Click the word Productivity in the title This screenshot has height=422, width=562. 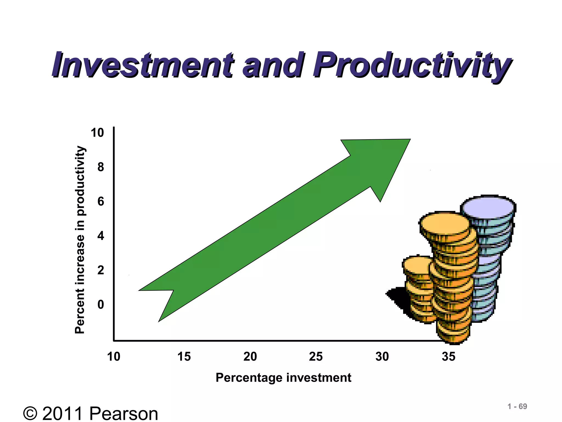412,65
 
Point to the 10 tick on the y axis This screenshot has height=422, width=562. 97,133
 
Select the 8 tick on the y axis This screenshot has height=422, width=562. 100,167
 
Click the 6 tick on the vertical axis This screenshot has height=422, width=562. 100,201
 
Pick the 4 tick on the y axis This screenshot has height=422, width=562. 100,236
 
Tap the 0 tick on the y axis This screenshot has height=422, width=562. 100,304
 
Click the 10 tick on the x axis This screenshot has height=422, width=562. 113,357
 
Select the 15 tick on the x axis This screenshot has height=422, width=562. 184,357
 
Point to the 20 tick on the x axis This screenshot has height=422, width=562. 250,357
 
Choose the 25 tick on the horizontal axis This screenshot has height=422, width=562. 316,357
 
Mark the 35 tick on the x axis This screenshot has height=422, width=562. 448,357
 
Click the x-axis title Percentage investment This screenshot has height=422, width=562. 283,377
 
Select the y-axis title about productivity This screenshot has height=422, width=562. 80,240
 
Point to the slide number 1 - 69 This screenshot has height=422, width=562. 517,406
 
